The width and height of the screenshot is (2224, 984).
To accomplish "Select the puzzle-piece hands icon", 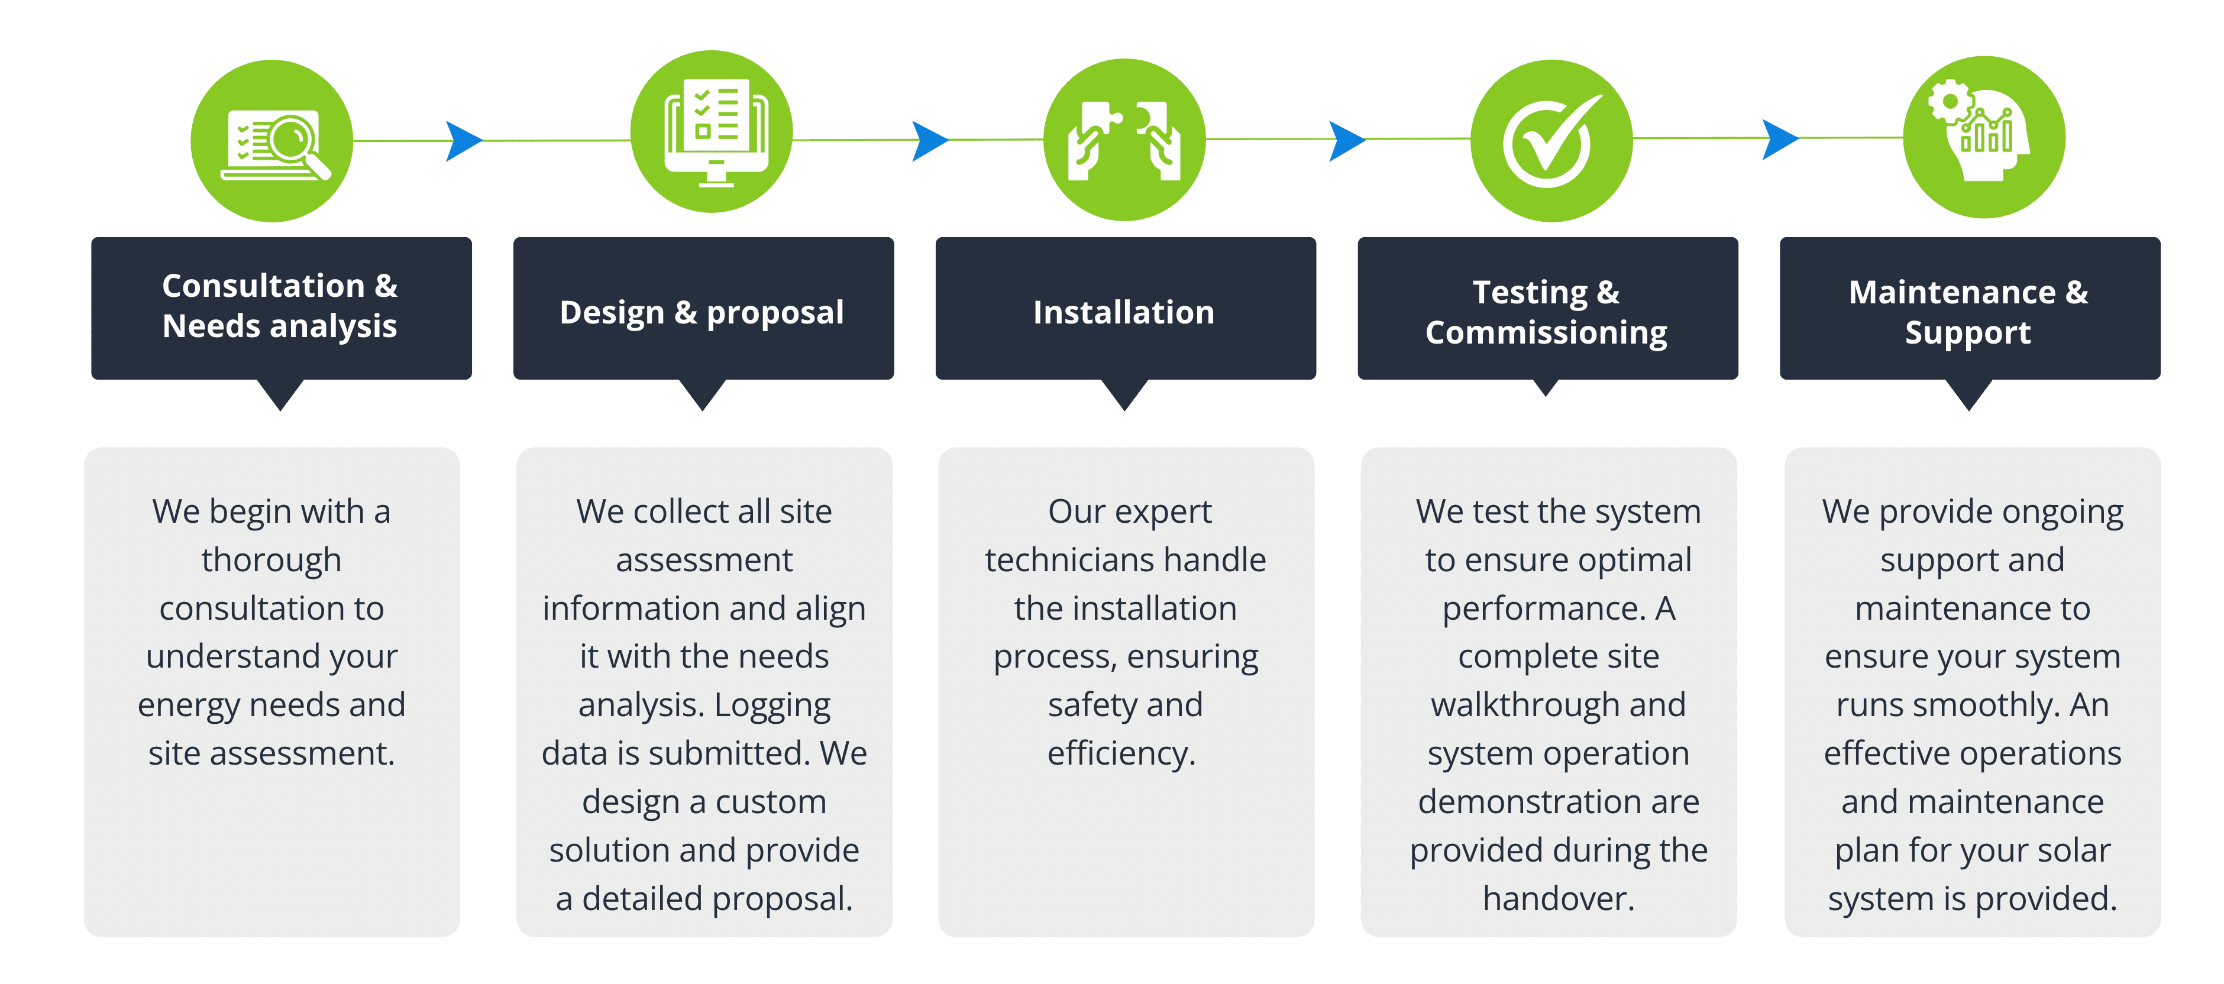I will click(x=1124, y=140).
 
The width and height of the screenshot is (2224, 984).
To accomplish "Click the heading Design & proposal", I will click(x=702, y=312).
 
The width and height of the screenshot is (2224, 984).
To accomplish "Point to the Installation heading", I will click(x=1123, y=312).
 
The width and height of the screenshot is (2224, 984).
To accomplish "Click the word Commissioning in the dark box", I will click(x=1546, y=333).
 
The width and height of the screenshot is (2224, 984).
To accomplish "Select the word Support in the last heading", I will click(x=1967, y=333).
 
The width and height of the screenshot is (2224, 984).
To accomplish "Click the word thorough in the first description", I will click(x=271, y=560).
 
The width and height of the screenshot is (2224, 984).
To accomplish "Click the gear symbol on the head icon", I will click(x=1948, y=102).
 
